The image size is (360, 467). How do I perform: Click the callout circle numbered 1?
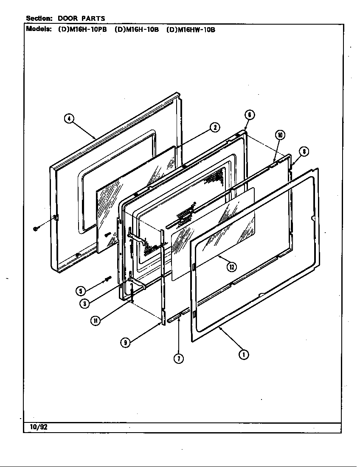tap(243, 355)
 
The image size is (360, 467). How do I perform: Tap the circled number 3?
tap(85, 303)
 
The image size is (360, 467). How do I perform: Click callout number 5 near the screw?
tap(80, 291)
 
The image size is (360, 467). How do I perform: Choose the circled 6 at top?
tap(250, 115)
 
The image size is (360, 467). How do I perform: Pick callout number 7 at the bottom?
tap(179, 359)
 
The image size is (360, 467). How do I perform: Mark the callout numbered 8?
tap(304, 152)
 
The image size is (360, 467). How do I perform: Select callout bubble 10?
tap(279, 135)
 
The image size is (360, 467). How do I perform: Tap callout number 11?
tap(96, 321)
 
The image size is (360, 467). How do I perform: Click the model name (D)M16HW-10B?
tap(191, 30)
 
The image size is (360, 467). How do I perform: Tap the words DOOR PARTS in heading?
tap(81, 18)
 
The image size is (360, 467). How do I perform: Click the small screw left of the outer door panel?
tap(35, 229)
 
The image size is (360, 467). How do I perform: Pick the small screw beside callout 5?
tap(107, 279)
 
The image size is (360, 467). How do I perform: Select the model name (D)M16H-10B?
tap(136, 30)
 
